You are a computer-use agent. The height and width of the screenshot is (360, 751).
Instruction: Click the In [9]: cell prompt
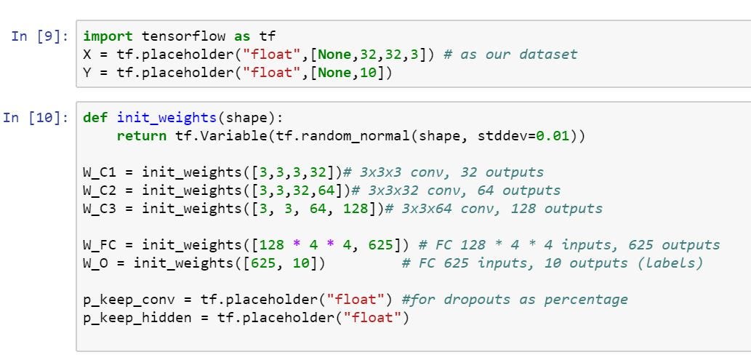40,36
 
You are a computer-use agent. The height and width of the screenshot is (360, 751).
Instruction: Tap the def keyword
95,117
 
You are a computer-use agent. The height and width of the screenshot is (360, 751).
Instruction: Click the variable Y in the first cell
88,73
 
